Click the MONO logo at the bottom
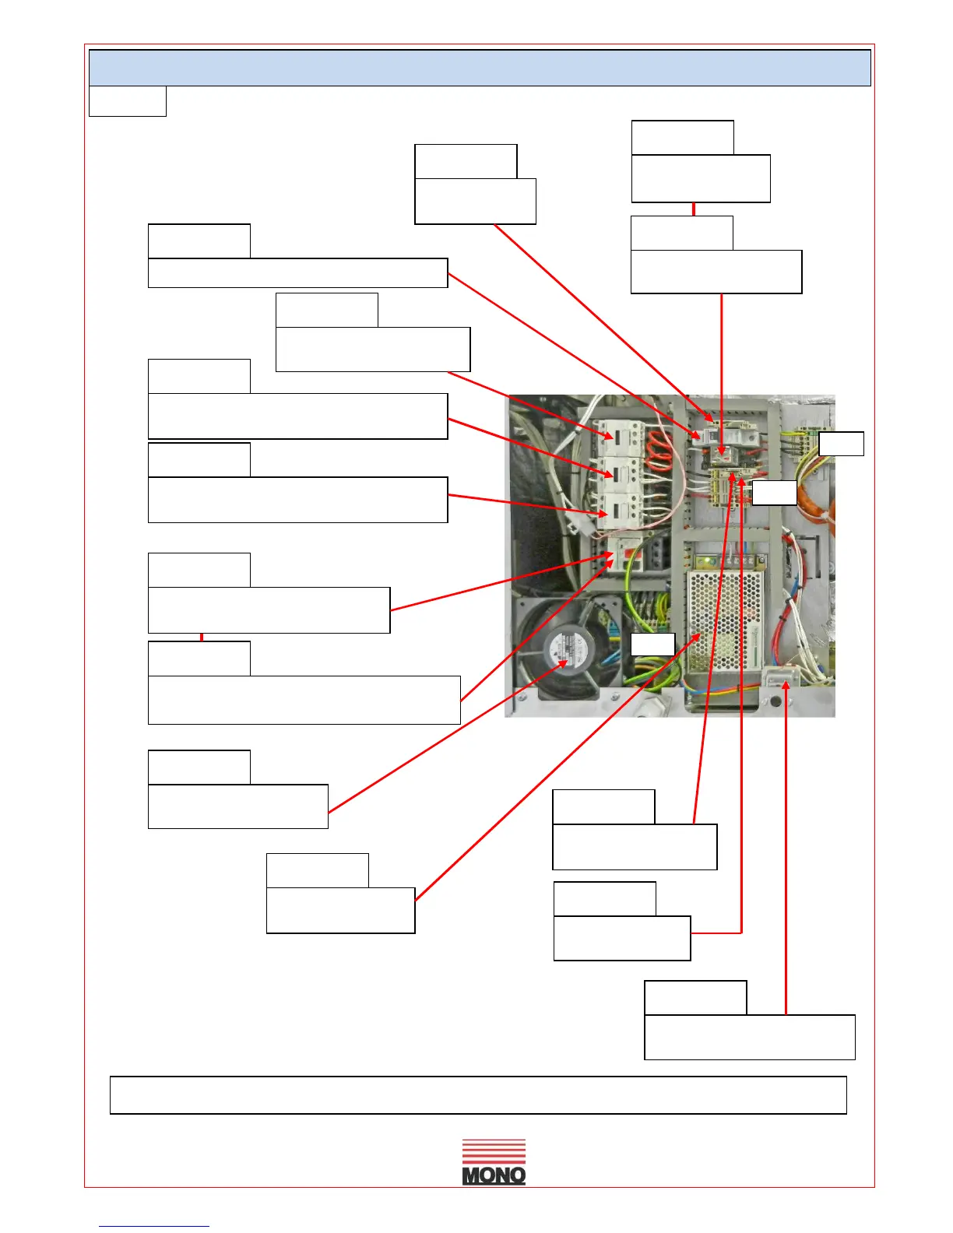tap(494, 1163)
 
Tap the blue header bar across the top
tap(480, 68)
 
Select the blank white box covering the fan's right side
tap(652, 645)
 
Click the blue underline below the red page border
tap(154, 1226)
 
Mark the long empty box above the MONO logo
tap(478, 1095)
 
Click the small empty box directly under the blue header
tap(128, 101)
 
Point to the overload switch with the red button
tap(628, 553)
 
